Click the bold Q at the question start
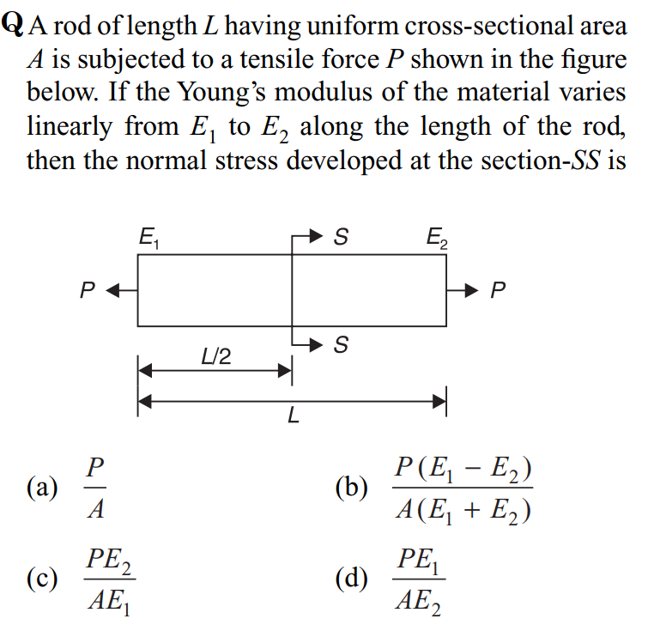[13, 26]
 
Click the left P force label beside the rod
[86, 290]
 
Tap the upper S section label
[341, 237]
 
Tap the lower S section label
[341, 346]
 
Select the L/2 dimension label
[215, 355]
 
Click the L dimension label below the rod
[293, 418]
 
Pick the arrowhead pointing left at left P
[112, 290]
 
